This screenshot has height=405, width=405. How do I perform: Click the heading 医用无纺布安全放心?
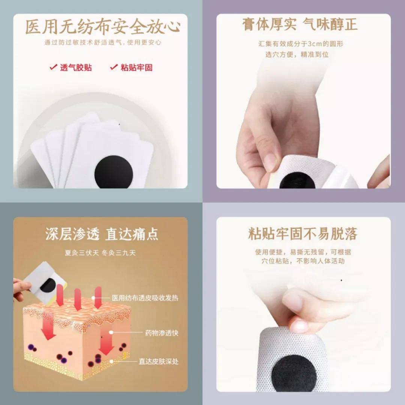tap(103, 27)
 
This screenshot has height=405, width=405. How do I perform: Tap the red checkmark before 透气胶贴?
tap(53, 67)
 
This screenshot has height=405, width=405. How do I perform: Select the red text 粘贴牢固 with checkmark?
tap(131, 67)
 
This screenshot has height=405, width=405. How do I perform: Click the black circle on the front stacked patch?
tap(114, 172)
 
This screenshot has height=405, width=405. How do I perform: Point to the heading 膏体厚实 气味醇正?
tap(300, 24)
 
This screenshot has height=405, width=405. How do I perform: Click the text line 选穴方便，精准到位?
tap(297, 54)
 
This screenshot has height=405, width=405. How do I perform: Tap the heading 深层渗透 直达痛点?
tap(102, 234)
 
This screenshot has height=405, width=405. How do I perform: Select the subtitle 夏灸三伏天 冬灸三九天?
tap(100, 253)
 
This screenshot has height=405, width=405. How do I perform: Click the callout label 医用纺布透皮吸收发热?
tap(145, 298)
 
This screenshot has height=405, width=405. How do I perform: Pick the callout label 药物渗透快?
tap(162, 333)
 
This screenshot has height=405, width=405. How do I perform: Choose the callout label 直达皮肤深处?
tap(159, 361)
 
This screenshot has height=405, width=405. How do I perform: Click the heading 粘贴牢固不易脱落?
tap(303, 234)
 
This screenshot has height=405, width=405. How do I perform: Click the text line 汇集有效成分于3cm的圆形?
tap(301, 43)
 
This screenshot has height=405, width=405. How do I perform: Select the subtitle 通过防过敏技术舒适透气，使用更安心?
tap(103, 42)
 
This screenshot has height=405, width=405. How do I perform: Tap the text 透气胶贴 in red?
tap(76, 67)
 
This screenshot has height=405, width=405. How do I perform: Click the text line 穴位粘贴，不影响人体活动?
tap(303, 261)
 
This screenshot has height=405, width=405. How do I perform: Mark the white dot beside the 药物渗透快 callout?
tap(111, 332)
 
